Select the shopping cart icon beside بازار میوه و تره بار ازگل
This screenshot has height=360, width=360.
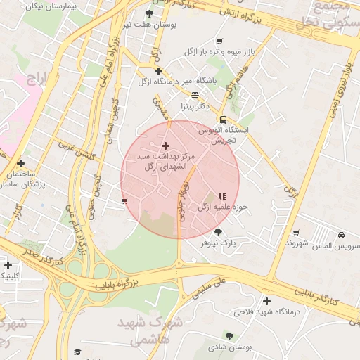point(219,41)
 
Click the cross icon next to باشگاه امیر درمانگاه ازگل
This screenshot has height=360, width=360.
point(158,71)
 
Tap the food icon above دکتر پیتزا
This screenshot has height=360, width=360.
point(195,95)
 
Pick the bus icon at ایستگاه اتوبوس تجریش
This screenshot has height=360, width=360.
point(223,120)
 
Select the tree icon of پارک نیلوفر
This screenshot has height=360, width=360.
point(218,232)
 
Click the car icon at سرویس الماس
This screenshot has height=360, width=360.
point(341,235)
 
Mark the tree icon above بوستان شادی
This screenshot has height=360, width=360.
point(229,335)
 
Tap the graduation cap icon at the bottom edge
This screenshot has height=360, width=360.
point(78,352)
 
